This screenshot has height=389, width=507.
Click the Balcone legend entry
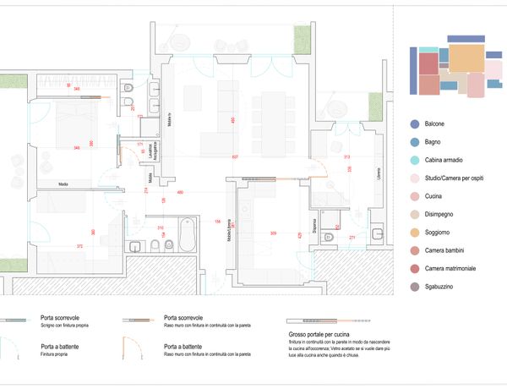point(435,124)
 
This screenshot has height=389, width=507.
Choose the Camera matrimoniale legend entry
point(450,269)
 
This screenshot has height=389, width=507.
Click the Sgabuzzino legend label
point(439,288)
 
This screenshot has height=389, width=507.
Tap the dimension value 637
point(235,158)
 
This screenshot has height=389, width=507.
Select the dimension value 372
point(80,246)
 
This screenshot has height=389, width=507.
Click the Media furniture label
point(63,184)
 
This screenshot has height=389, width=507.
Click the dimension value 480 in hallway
point(180,193)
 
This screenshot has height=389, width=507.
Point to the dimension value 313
point(346,157)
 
